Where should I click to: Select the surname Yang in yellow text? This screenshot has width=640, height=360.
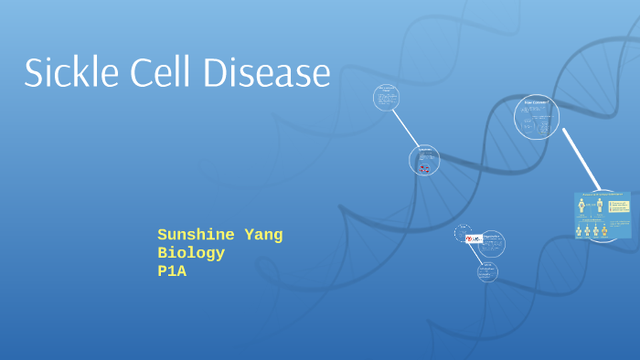261,235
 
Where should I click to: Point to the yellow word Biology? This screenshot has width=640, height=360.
191,253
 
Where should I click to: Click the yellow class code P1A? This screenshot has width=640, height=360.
172,271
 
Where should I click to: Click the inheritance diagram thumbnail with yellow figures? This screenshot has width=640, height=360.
603,216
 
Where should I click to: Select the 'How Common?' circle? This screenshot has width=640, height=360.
537,117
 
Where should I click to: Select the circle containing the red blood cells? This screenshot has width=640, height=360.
424,160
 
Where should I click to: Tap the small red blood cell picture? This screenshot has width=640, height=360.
423,168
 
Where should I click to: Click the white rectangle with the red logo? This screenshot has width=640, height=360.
474,238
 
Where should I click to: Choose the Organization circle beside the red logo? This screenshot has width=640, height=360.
492,243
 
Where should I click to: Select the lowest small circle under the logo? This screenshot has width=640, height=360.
487,271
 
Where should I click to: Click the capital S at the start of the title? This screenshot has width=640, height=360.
34,72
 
